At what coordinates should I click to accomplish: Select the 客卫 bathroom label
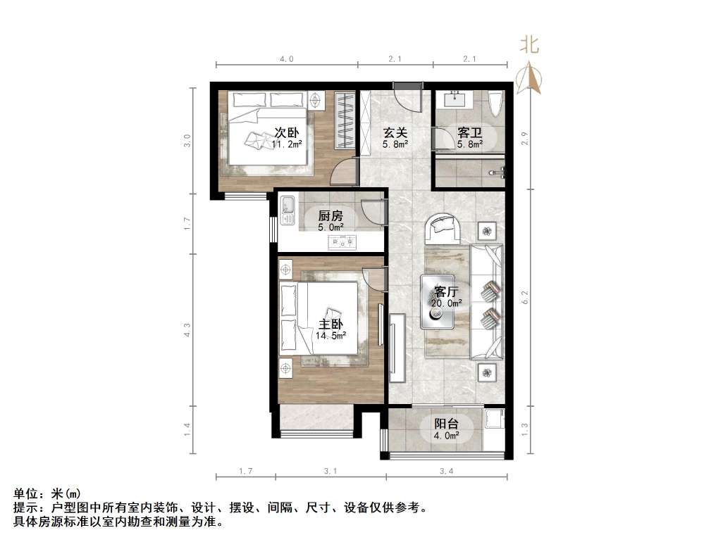coord(470,132)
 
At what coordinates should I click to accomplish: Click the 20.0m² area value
coord(447,303)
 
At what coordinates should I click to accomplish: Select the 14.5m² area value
coord(330,336)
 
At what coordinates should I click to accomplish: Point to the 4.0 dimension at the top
coord(286,59)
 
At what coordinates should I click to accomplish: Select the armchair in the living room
coord(443,227)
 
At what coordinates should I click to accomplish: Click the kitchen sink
coord(287,208)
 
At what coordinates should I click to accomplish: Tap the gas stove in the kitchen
coord(342,243)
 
